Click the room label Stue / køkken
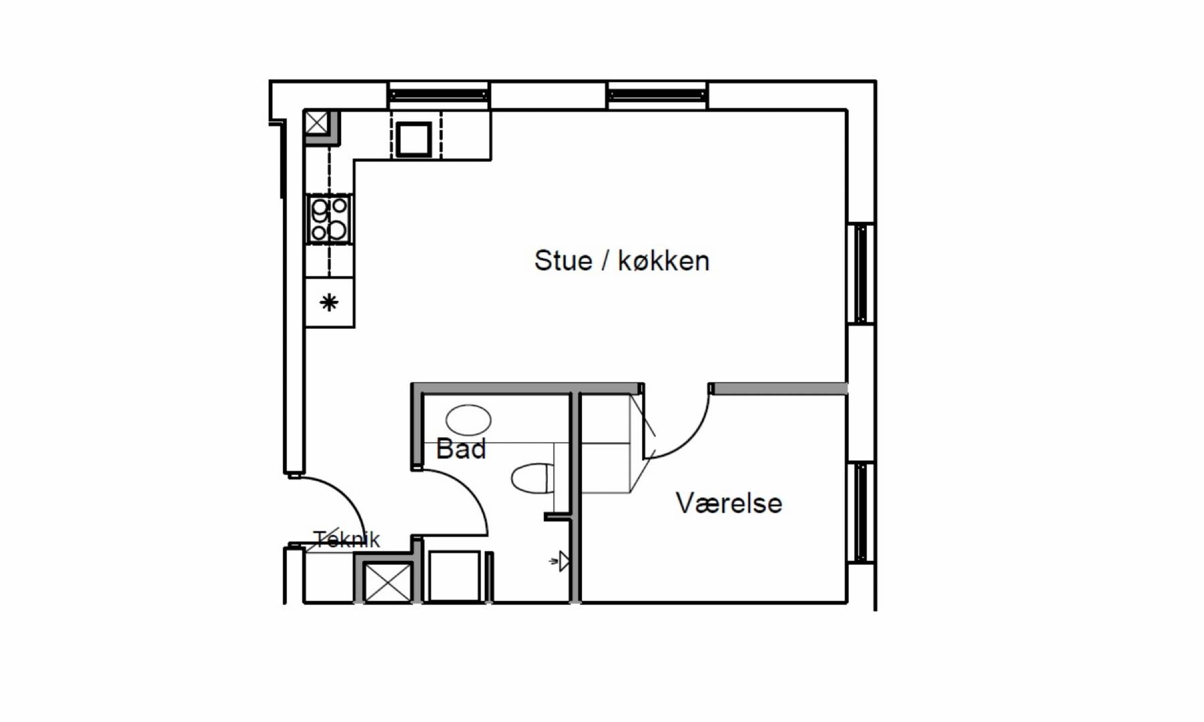click(x=621, y=261)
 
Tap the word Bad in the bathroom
click(x=461, y=449)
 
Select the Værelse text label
click(x=728, y=503)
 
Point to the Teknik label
click(x=346, y=539)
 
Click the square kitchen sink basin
click(x=413, y=139)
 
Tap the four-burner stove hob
click(x=329, y=219)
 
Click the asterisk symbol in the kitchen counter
click(x=328, y=303)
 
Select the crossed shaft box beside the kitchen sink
click(x=316, y=123)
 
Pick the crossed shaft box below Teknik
click(x=387, y=582)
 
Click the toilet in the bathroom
click(x=533, y=478)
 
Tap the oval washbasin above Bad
click(x=468, y=420)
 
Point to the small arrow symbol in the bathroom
click(x=560, y=562)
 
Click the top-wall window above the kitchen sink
click(x=439, y=95)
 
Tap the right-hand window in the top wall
click(x=657, y=95)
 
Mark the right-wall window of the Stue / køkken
click(x=861, y=273)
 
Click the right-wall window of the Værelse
click(x=861, y=512)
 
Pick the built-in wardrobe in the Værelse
click(x=605, y=443)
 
